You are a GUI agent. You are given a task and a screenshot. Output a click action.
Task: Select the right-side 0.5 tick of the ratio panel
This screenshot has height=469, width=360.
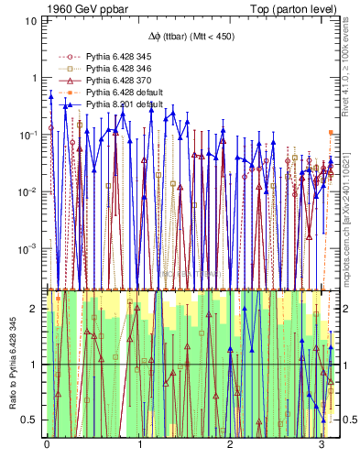(347, 420)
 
